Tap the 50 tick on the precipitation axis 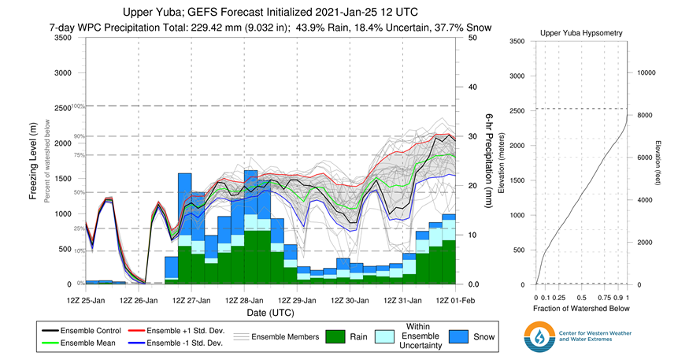(472, 38)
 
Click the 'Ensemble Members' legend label (287, 337)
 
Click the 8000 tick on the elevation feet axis (645, 116)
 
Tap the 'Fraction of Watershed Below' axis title (581, 309)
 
